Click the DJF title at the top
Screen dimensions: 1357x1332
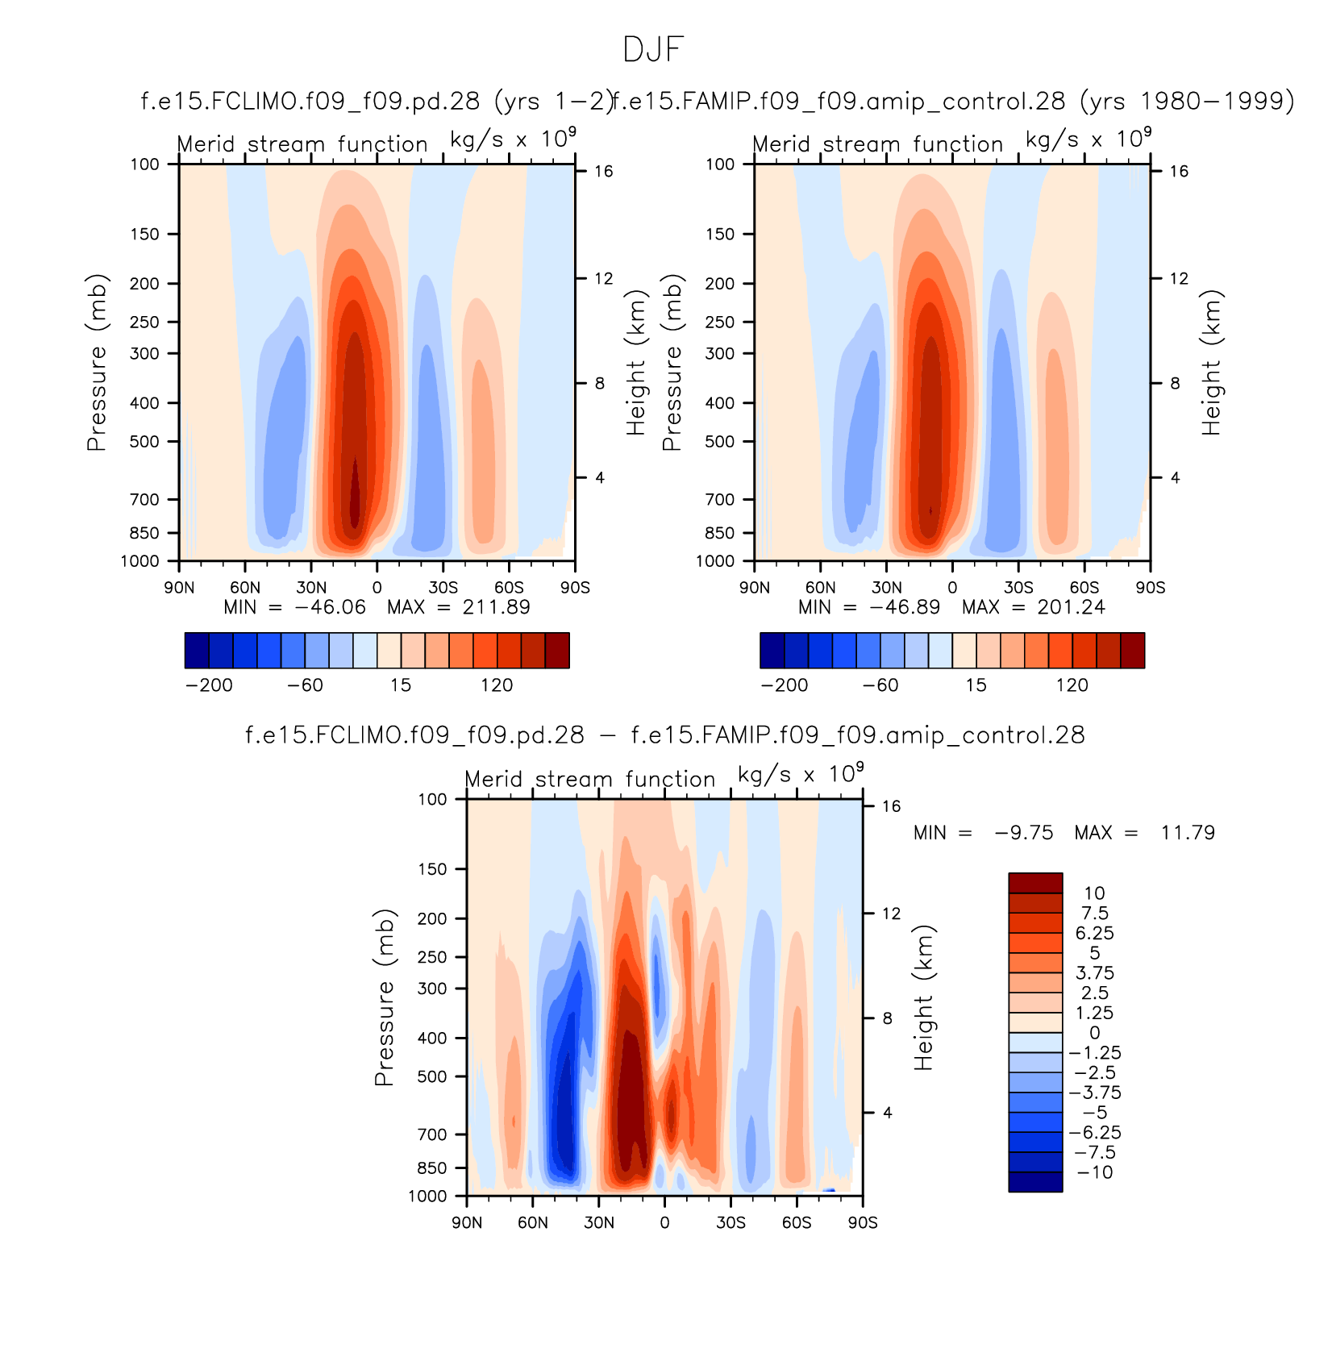point(653,50)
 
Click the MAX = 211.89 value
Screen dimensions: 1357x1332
point(458,607)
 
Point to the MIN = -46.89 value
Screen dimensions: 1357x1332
point(869,607)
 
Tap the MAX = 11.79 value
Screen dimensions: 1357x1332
point(1144,833)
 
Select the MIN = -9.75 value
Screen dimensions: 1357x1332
point(983,833)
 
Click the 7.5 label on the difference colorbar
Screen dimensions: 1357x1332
point(1094,913)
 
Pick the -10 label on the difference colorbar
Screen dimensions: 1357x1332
point(1094,1172)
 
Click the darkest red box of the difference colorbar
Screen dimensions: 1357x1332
point(1035,883)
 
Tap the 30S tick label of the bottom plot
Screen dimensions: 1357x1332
point(731,1222)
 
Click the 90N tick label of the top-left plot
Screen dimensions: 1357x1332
point(179,587)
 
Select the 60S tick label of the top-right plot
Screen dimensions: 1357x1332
point(1084,587)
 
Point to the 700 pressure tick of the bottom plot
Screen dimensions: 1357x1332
point(431,1134)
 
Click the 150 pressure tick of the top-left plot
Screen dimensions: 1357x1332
point(145,234)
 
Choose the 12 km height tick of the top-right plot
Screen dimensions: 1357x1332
point(1179,278)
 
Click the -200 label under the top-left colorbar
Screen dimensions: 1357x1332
point(209,685)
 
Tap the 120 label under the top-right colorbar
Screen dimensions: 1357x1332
point(1072,685)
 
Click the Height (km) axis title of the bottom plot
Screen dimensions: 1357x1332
point(923,997)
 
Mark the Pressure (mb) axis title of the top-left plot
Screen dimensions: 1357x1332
point(97,362)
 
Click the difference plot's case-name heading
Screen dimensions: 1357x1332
point(665,735)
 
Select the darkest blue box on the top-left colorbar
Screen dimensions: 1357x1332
point(197,651)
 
